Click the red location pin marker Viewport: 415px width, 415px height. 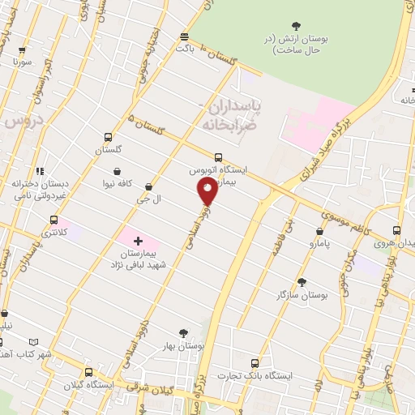207,190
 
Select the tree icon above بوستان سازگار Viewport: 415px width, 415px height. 302,282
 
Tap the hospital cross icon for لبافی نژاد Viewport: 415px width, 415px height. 138,241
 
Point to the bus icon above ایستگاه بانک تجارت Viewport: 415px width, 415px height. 255,362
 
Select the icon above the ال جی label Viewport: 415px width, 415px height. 147,186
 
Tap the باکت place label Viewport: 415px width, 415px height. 185,49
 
